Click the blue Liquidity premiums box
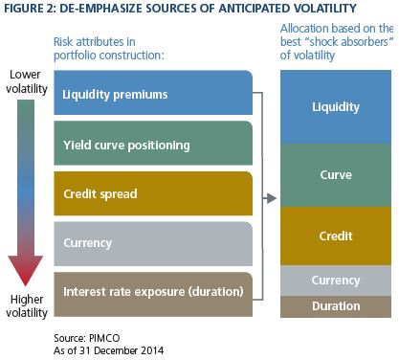click(153, 93)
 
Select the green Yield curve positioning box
click(153, 143)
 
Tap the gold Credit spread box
click(153, 193)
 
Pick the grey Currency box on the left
click(153, 244)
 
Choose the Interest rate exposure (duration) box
click(153, 294)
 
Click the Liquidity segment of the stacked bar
click(336, 107)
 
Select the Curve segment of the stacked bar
click(336, 175)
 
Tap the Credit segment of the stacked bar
click(336, 236)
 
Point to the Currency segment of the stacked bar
click(336, 281)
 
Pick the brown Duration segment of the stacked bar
click(336, 306)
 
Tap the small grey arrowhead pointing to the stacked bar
click(272, 198)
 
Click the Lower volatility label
click(27, 81)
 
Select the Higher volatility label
click(27, 306)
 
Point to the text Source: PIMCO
click(87, 338)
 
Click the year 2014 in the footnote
click(152, 350)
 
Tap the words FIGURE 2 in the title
click(30, 8)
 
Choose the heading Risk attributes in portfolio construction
click(109, 48)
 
